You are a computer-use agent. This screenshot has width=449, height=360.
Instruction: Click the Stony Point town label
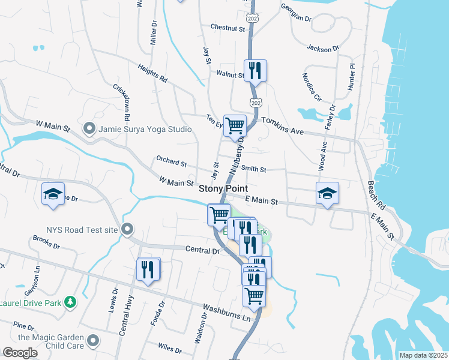(x=223, y=188)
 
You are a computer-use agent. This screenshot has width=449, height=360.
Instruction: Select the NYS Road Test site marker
(x=127, y=229)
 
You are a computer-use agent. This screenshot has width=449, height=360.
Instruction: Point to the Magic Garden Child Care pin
(x=92, y=341)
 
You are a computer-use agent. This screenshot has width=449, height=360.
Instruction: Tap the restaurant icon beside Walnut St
(x=255, y=70)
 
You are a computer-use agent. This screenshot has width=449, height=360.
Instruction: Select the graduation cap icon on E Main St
(x=327, y=193)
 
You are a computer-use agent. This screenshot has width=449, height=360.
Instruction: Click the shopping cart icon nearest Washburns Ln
(x=255, y=295)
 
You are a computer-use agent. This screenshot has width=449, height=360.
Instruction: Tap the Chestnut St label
(x=228, y=28)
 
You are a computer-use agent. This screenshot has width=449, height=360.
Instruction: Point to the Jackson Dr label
(x=323, y=48)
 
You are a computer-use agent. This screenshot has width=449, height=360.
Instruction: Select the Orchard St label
(x=171, y=162)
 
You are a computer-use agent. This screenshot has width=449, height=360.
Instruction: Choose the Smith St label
(x=253, y=169)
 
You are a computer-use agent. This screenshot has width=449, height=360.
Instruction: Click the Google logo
(x=20, y=352)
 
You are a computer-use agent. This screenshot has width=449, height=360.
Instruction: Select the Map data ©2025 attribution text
(x=423, y=355)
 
